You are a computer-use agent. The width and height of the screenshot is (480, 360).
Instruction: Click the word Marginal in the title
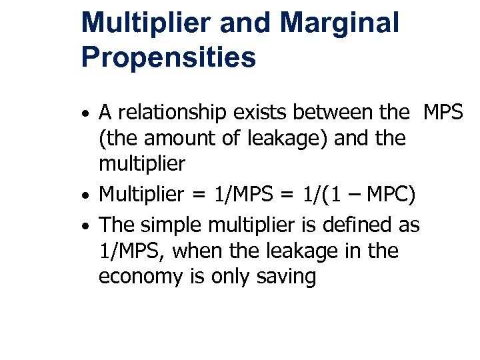pos(340,23)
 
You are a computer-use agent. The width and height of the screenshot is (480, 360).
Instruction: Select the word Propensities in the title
pos(168,57)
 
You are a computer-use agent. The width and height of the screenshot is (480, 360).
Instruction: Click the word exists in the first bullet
pos(254,113)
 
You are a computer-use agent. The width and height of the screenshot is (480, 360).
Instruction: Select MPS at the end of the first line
pos(443,113)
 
